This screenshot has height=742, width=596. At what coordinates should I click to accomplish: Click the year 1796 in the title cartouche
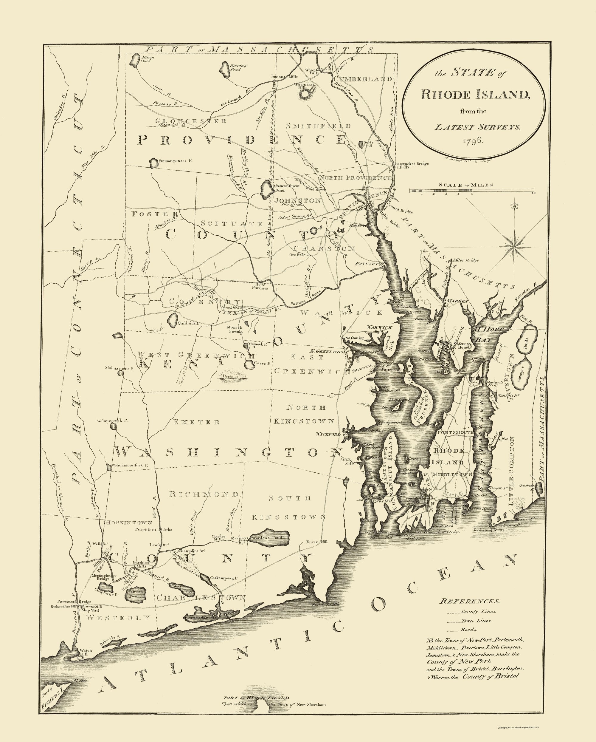point(474,141)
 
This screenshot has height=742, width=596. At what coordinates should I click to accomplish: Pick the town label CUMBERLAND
point(362,79)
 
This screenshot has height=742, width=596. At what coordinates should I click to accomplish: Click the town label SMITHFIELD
point(319,126)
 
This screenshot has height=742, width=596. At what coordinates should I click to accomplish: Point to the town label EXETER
point(196,422)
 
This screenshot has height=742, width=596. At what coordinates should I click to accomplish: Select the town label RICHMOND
point(204,494)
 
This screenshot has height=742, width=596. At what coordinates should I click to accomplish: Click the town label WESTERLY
point(118,617)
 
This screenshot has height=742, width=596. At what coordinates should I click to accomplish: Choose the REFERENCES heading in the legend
point(469,601)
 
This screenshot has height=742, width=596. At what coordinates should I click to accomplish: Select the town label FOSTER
point(150,214)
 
